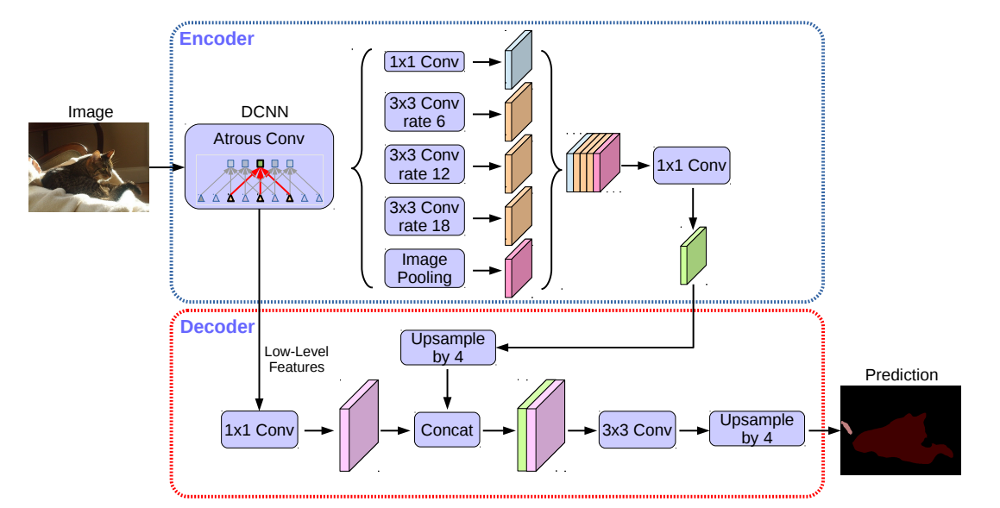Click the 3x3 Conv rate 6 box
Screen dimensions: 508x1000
(425, 113)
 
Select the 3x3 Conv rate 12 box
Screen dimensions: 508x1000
(425, 165)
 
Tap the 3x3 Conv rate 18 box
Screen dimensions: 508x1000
(425, 216)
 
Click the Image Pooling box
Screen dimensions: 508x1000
(425, 268)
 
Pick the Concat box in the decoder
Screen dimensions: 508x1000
(447, 430)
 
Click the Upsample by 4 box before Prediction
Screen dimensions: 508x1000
(756, 429)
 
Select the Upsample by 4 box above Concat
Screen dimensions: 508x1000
(448, 347)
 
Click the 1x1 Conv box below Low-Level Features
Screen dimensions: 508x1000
(259, 430)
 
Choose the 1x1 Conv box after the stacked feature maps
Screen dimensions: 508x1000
(691, 165)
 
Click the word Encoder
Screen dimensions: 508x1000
(217, 39)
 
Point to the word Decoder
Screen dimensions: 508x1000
(217, 327)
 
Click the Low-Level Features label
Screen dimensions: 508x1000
(296, 361)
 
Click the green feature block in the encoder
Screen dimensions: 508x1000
(694, 255)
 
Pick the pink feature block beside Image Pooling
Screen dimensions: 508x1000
(518, 267)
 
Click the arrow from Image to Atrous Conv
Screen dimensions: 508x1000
(167, 167)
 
